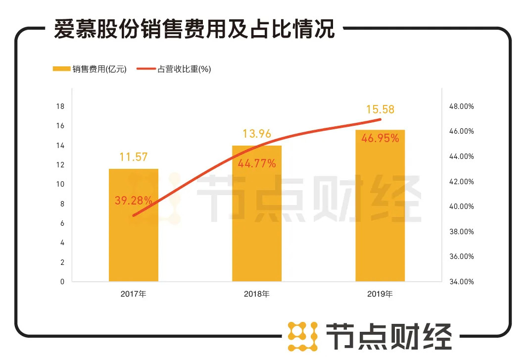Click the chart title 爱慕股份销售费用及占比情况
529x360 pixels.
coord(194,29)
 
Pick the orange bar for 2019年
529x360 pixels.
coord(380,218)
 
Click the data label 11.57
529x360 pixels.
coord(134,157)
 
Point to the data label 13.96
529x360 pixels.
coord(257,134)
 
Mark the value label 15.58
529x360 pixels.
coord(380,109)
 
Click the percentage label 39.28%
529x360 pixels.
coord(134,200)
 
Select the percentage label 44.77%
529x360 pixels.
coord(257,163)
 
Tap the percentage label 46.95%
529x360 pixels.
coord(380,139)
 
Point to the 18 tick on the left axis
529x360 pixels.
coord(61,106)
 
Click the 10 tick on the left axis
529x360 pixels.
coord(61,184)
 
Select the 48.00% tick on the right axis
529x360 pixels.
coord(461,106)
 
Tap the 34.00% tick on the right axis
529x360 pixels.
coord(461,282)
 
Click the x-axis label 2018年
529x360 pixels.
coord(257,294)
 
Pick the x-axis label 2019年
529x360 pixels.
coord(380,294)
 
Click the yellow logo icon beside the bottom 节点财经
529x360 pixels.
coord(303,337)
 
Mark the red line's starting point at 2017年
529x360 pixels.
coord(134,216)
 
